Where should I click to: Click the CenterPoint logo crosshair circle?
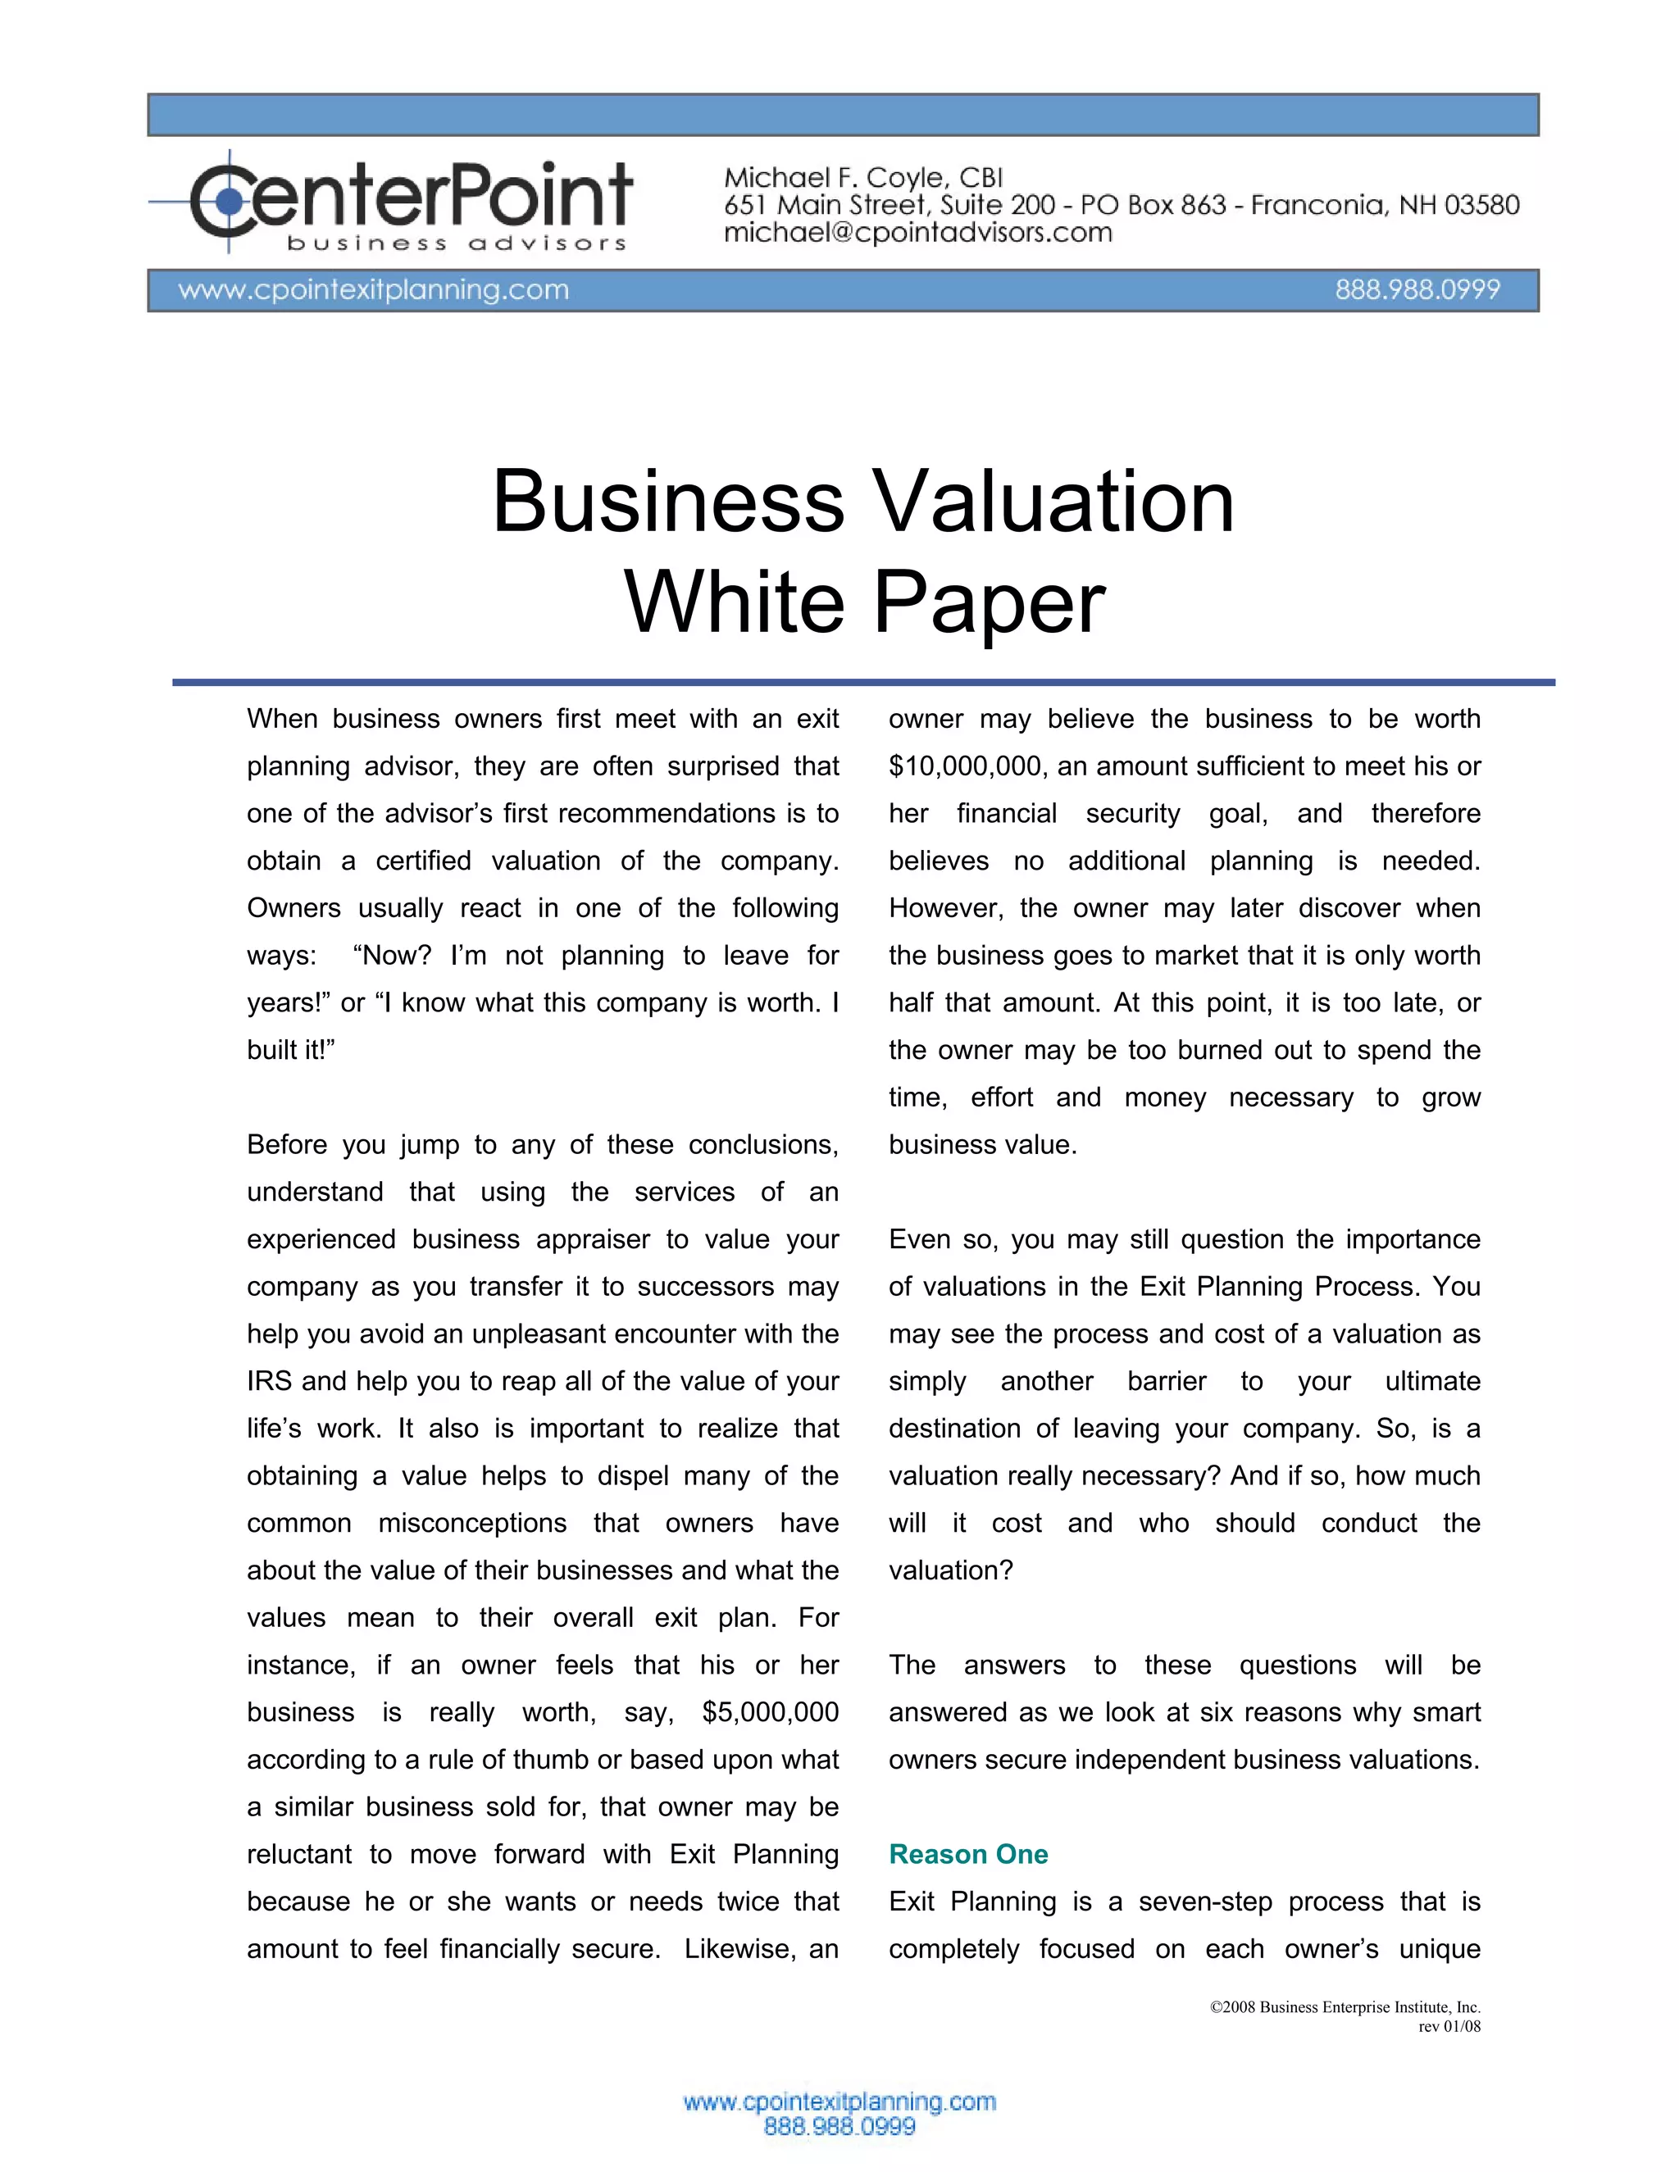coord(229,202)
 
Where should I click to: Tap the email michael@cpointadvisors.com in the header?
coord(917,233)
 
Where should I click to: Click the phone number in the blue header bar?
coord(1417,289)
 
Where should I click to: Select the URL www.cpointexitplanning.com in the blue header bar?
coord(373,289)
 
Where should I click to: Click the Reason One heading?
coord(968,1854)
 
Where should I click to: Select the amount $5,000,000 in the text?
coord(770,1711)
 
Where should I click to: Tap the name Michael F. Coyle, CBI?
coord(862,178)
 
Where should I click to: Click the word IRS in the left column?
coord(271,1380)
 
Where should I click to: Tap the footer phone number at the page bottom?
coord(839,2126)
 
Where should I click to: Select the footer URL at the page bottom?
coord(839,2102)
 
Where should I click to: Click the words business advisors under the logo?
coord(457,243)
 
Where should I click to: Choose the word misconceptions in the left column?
coord(471,1523)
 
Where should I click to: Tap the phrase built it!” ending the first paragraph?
coord(290,1049)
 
